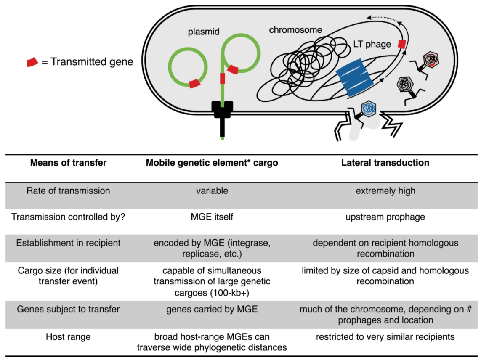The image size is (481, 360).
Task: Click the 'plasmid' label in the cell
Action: click(x=204, y=32)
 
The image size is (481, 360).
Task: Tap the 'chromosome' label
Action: click(x=295, y=30)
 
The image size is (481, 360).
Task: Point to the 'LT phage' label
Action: click(x=372, y=44)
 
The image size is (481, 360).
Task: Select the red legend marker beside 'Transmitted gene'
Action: click(x=32, y=62)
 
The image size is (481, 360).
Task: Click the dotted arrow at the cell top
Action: click(x=383, y=19)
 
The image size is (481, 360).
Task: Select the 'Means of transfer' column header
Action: click(x=68, y=162)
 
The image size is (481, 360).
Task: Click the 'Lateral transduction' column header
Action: click(x=385, y=162)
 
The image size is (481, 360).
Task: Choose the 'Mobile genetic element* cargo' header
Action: click(x=212, y=163)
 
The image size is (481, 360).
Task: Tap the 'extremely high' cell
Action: click(x=385, y=191)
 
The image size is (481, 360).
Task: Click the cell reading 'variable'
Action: click(x=212, y=191)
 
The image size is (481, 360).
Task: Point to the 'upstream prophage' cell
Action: click(x=385, y=217)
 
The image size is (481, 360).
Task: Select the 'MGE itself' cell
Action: click(x=212, y=217)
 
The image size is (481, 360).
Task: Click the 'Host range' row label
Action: click(x=68, y=337)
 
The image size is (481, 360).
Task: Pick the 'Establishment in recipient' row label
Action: click(x=68, y=243)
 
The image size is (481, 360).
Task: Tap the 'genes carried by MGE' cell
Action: click(x=212, y=309)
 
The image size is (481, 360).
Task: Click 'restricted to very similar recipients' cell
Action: click(x=385, y=337)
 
